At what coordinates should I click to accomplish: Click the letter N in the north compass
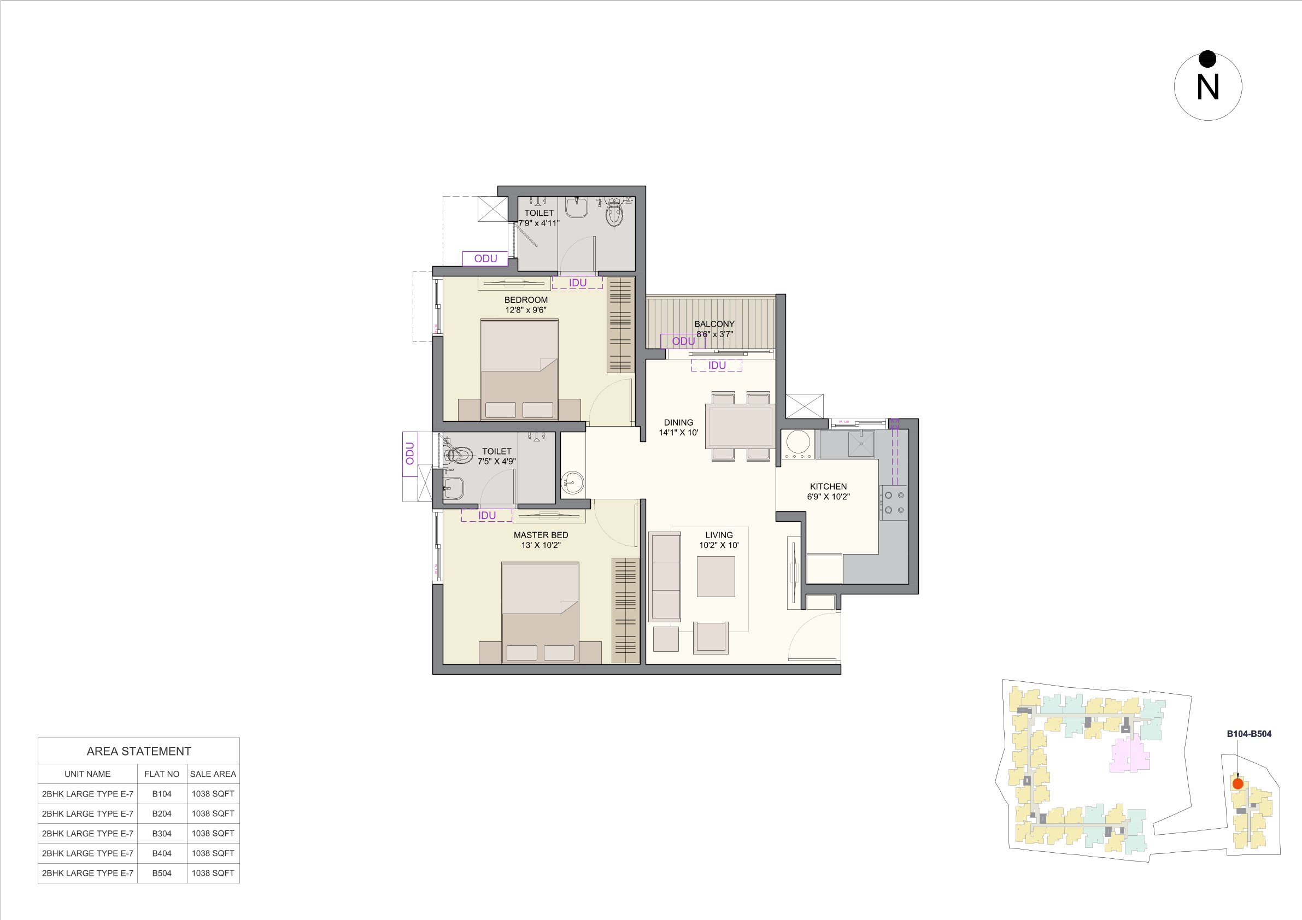1207,88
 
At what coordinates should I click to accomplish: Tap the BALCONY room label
714,323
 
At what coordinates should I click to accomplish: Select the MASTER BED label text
541,534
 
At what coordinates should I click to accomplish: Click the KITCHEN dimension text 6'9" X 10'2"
828,497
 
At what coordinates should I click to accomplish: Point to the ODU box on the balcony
683,341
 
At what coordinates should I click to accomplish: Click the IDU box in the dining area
716,365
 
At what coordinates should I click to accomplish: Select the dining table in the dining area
740,426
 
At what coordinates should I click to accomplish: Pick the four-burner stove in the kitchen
893,503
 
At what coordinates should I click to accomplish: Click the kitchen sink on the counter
860,444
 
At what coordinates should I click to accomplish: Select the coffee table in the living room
715,576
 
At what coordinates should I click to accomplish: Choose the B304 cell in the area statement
162,833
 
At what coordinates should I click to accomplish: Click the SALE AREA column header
213,774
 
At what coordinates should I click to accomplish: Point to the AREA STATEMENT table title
138,751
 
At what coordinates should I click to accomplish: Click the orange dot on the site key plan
1238,784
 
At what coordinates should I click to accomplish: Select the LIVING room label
718,534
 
